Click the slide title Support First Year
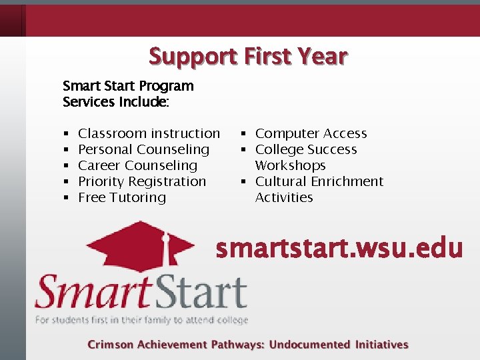click(248, 56)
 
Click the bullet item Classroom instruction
click(149, 133)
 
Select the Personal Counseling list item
click(143, 149)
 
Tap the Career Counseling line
click(137, 165)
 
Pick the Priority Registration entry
click(142, 181)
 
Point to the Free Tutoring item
click(122, 197)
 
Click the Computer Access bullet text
click(311, 133)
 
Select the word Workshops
click(290, 165)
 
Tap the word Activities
click(284, 197)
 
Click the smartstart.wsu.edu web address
click(339, 248)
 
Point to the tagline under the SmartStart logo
click(141, 320)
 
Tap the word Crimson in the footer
click(111, 345)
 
